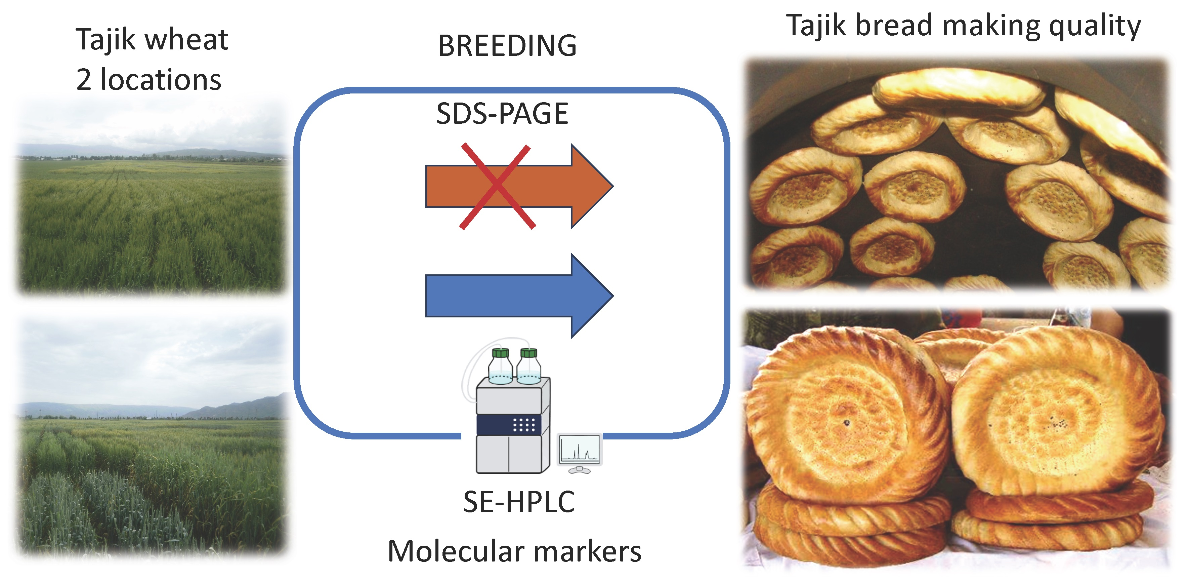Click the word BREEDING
tap(507, 46)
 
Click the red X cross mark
tap(497, 186)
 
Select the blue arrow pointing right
tap(519, 295)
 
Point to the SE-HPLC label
tap(519, 502)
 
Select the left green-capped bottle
tap(500, 366)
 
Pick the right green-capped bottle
tap(528, 366)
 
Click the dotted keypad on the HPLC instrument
tap(523, 425)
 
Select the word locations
tap(161, 80)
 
